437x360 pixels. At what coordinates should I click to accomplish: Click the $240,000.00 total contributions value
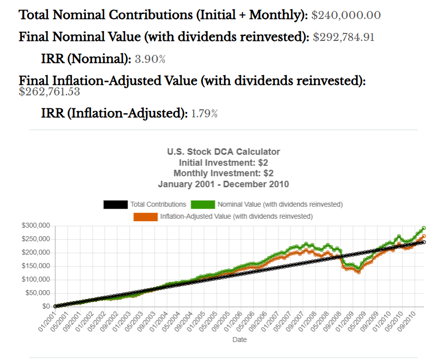pyautogui.click(x=346, y=15)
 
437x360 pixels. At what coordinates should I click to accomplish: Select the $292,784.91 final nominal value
pyautogui.click(x=344, y=37)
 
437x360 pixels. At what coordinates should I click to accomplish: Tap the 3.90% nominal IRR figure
pyautogui.click(x=150, y=59)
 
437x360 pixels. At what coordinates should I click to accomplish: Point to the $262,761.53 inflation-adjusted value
pyautogui.click(x=49, y=92)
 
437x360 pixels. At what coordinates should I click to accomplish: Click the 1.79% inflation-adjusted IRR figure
pyautogui.click(x=205, y=114)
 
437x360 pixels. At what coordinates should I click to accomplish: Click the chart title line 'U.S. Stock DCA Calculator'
pyautogui.click(x=223, y=152)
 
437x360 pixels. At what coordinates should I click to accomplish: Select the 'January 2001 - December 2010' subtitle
pyautogui.click(x=223, y=184)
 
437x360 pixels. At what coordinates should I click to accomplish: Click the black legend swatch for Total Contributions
pyautogui.click(x=116, y=205)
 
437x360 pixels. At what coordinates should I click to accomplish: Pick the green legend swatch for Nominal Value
pyautogui.click(x=203, y=205)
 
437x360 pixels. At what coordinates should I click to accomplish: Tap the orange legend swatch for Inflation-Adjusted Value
pyautogui.click(x=145, y=217)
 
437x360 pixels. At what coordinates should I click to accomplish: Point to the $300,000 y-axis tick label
pyautogui.click(x=35, y=226)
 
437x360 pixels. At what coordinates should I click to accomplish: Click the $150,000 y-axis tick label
pyautogui.click(x=35, y=266)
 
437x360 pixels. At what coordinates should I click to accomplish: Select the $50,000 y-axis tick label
pyautogui.click(x=37, y=293)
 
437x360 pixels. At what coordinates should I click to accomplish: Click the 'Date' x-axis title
pyautogui.click(x=239, y=340)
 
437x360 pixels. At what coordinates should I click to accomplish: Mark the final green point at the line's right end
pyautogui.click(x=424, y=228)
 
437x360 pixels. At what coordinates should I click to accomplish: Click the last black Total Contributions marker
pyautogui.click(x=424, y=242)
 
